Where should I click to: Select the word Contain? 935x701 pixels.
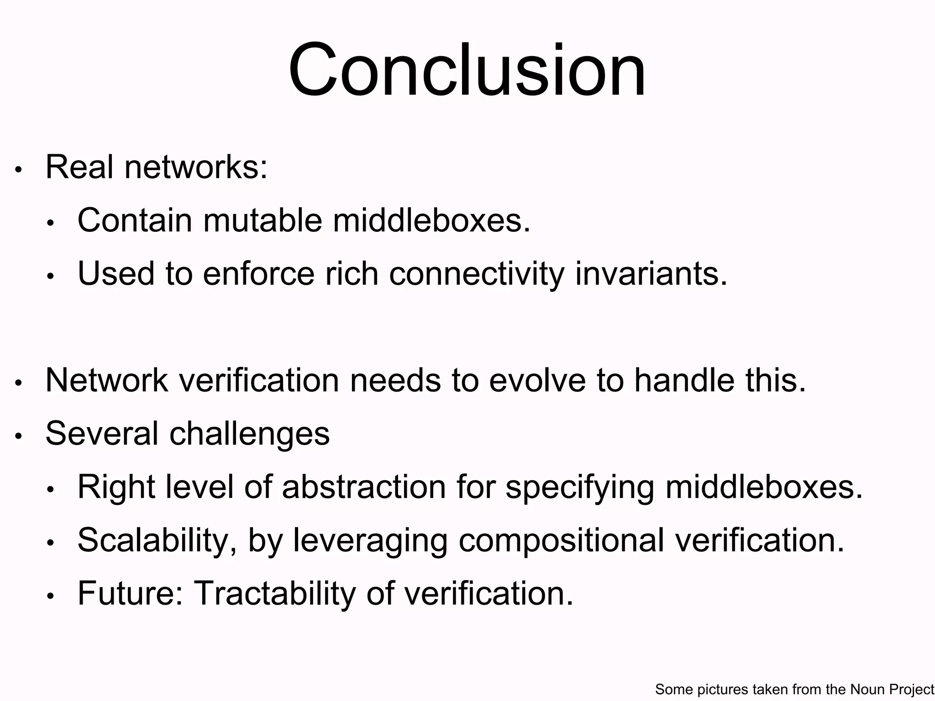(x=135, y=220)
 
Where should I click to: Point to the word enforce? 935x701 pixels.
(x=258, y=274)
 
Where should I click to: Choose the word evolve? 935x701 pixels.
(x=537, y=380)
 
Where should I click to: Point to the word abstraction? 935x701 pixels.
(x=364, y=487)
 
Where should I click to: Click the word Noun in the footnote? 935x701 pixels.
(x=867, y=689)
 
